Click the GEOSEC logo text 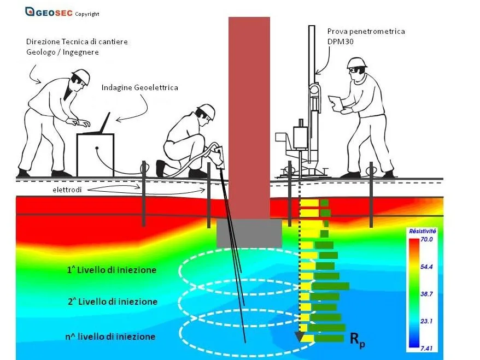point(54,13)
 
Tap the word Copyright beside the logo point(87,14)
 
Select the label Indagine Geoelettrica point(139,88)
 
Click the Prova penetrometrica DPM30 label point(366,36)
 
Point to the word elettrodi point(67,190)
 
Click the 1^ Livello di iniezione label point(112,270)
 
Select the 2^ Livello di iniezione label point(113,302)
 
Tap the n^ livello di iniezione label point(110,337)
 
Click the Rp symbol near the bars point(357,340)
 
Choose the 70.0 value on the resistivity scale point(426,239)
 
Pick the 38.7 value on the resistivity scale point(426,294)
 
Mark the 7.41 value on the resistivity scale point(426,348)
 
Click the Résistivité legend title point(423,231)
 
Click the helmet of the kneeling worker point(207,110)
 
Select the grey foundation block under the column point(249,233)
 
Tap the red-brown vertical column point(249,118)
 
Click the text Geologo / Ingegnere point(62,52)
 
